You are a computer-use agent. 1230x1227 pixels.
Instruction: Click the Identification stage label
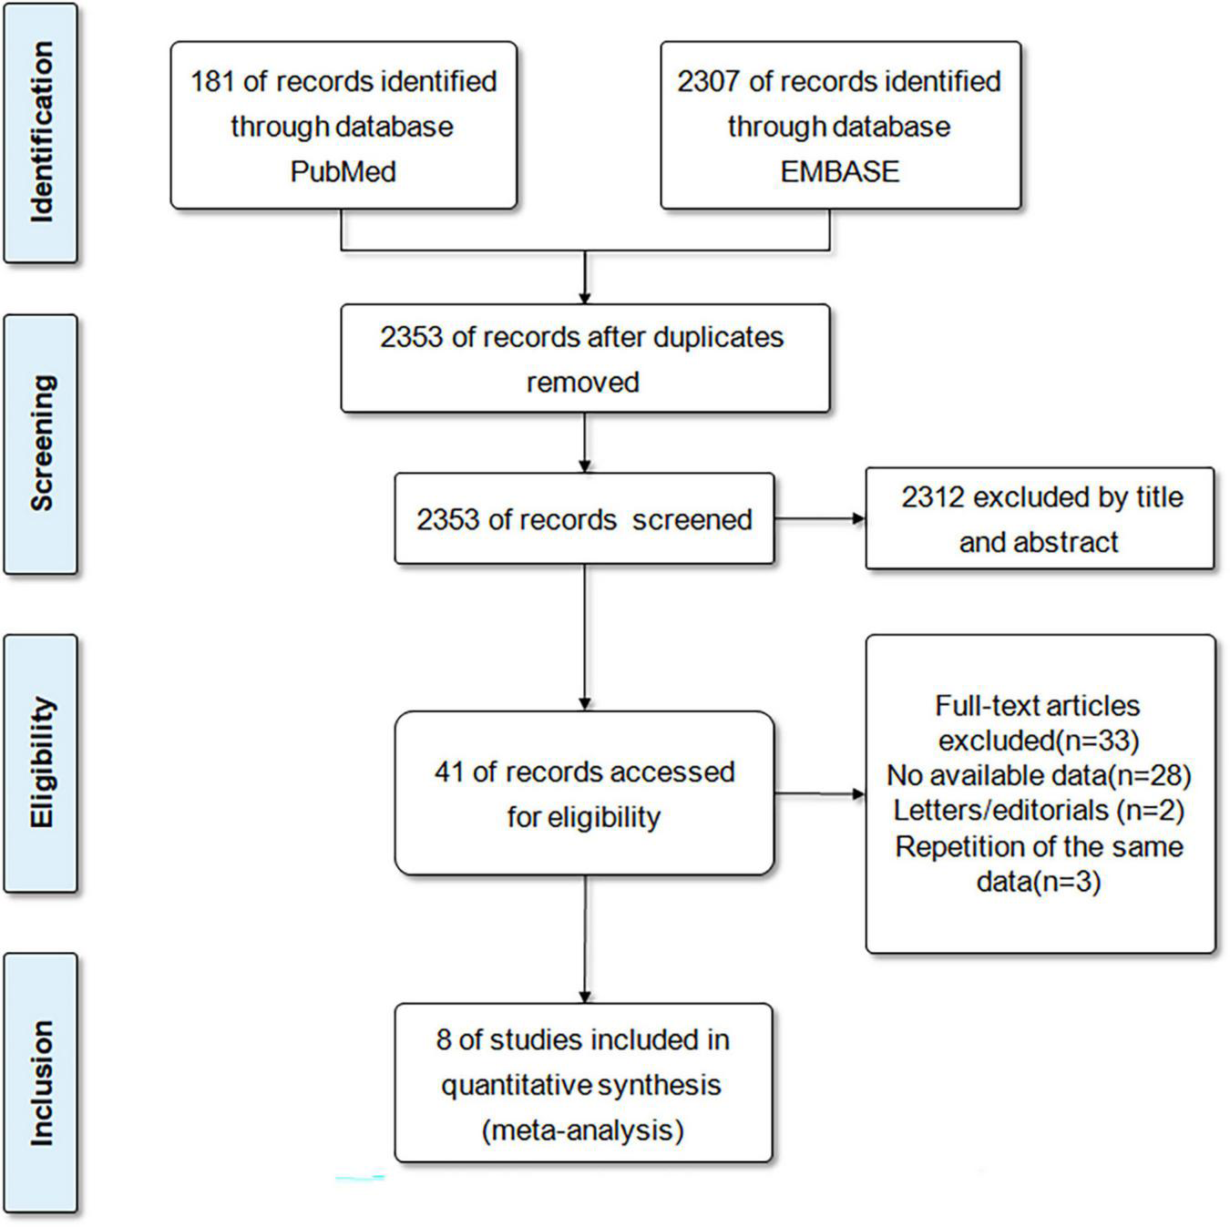41,133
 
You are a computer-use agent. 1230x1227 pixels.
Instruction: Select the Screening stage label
41,444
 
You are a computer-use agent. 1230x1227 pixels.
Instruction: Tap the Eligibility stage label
41,763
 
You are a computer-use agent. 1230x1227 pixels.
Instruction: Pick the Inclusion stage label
41,1082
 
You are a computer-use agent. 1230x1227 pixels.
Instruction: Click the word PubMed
343,171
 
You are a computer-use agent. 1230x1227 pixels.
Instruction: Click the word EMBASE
839,171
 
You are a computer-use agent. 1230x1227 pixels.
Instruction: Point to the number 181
212,81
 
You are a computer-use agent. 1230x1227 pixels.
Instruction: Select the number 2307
709,81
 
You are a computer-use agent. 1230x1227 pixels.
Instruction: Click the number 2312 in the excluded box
933,497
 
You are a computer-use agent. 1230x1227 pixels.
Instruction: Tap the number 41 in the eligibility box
449,772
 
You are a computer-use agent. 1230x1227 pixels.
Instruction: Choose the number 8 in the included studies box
444,1039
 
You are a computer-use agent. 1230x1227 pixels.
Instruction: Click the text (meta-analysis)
582,1130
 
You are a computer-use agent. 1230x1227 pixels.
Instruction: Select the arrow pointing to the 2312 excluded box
820,519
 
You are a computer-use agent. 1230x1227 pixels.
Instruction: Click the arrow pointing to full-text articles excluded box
820,793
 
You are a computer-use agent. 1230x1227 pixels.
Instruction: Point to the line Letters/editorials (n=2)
1039,810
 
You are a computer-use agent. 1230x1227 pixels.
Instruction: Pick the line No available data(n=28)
1039,775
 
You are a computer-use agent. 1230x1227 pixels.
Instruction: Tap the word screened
692,520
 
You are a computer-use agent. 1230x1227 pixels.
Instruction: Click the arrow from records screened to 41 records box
584,638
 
